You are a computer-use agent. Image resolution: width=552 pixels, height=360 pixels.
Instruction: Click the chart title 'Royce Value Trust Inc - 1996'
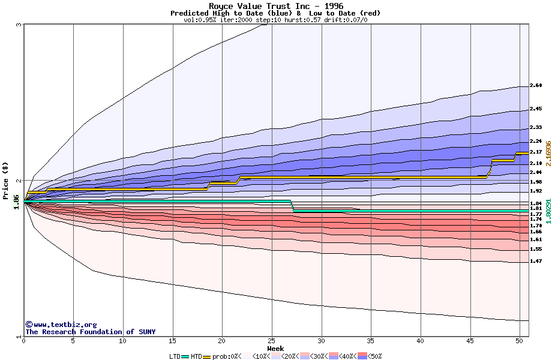coord(275,6)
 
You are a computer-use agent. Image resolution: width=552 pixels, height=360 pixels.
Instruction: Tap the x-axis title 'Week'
coord(275,348)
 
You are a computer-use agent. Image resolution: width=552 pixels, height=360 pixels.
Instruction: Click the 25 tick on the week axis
coord(272,341)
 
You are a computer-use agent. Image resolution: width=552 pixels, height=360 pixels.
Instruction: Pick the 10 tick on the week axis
coord(123,341)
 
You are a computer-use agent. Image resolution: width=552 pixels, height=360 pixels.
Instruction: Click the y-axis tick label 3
coord(19,25)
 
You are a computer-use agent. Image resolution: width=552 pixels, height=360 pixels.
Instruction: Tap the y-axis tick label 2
coord(19,181)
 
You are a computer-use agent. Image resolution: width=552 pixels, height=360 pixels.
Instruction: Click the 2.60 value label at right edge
coord(536,86)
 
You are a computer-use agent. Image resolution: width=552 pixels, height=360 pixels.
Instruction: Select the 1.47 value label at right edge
coord(536,261)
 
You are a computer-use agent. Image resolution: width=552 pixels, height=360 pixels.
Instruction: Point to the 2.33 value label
coord(536,127)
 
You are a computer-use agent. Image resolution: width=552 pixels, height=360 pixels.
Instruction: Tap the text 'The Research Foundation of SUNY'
coord(90,332)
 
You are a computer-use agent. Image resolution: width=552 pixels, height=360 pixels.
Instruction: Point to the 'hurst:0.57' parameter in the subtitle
coord(287,20)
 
